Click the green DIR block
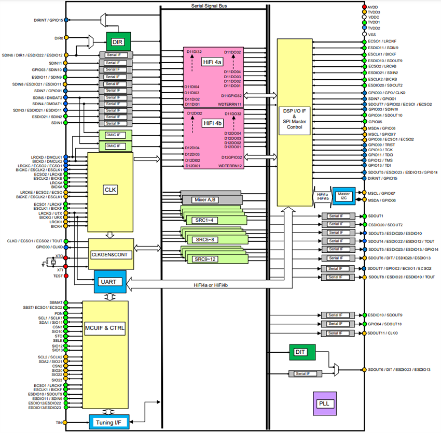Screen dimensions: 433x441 click(x=118, y=41)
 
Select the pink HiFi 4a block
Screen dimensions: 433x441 click(x=215, y=78)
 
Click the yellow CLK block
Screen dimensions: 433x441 click(x=111, y=190)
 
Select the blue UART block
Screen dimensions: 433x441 click(x=110, y=281)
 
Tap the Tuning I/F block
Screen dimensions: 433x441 click(x=108, y=422)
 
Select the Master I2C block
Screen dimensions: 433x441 click(x=343, y=196)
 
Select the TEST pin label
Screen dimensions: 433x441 click(x=58, y=276)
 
